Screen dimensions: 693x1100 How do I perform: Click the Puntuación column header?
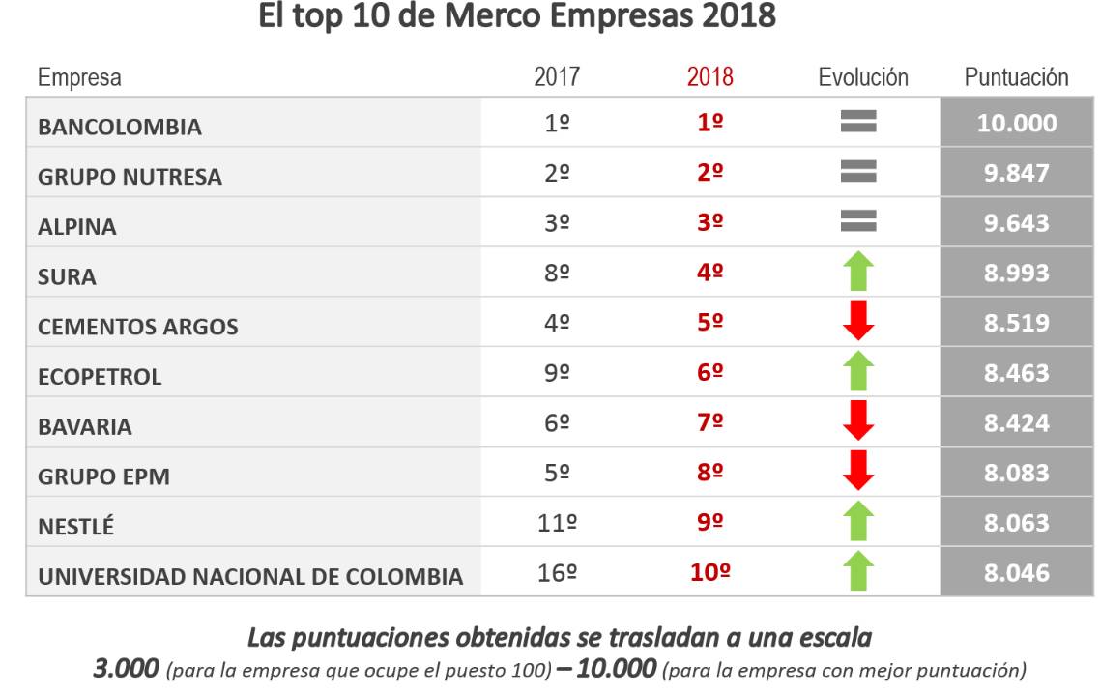[1016, 77]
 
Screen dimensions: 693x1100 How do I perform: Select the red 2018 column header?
[709, 77]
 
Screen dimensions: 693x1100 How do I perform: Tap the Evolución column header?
[862, 77]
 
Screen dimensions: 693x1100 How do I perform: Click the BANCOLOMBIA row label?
[120, 127]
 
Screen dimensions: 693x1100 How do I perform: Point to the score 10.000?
[1016, 123]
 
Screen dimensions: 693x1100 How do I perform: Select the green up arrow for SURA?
[857, 273]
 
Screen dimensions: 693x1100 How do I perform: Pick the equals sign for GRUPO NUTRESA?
[857, 172]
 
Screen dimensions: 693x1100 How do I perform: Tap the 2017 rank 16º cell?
[557, 572]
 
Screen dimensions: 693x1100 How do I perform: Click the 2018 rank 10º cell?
[709, 572]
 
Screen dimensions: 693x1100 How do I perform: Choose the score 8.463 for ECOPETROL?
[1016, 372]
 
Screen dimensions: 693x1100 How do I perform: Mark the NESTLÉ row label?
[75, 527]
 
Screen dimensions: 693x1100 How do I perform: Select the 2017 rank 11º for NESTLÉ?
[557, 523]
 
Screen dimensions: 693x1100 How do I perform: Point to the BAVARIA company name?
[85, 426]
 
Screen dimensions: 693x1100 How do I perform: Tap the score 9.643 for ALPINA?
[1016, 222]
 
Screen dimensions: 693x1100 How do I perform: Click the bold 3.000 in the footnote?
[126, 668]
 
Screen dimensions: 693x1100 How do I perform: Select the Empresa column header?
[79, 77]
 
